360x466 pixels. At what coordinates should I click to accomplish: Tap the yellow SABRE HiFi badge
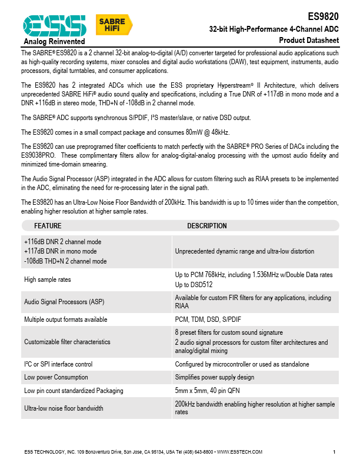coord(114,25)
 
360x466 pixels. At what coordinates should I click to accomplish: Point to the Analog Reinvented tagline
coord(54,41)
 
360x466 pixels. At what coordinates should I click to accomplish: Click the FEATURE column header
coord(48,226)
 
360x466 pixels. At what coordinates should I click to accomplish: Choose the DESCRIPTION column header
coord(207,226)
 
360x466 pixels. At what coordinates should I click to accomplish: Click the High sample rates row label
coord(48,279)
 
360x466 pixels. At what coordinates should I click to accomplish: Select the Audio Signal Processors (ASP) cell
coord(64,302)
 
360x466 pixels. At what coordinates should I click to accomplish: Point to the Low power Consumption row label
coord(56,377)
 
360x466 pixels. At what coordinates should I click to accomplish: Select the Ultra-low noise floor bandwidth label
coord(64,408)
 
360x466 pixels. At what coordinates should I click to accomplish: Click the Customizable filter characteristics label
coord(67,342)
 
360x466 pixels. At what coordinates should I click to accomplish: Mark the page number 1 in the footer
coord(334,452)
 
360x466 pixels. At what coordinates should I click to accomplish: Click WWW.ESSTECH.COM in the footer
coord(239,452)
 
